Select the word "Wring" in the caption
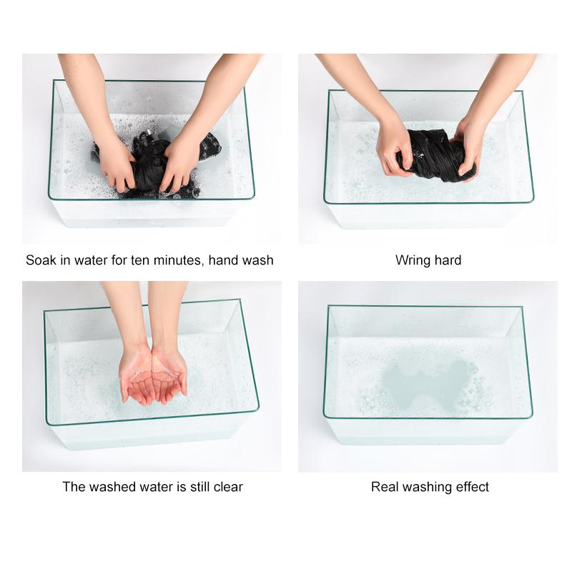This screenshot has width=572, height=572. click(x=412, y=260)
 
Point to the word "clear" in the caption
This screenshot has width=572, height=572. click(x=228, y=487)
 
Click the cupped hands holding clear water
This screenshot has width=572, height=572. click(x=153, y=376)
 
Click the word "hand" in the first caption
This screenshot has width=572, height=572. click(x=223, y=260)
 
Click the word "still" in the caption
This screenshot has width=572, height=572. click(x=200, y=487)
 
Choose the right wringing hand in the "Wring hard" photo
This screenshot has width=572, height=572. click(x=468, y=149)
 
